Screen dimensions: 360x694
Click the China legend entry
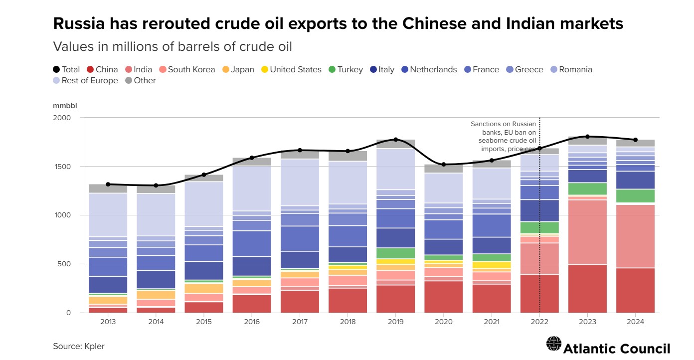102,69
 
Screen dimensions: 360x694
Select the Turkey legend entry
345,69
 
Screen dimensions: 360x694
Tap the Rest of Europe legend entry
85,80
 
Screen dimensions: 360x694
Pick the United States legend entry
291,69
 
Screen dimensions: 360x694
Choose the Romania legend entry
571,69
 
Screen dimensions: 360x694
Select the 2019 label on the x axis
395,322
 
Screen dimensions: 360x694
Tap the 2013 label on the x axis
108,322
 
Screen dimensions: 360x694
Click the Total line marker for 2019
395,140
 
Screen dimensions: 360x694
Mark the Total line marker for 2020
443,164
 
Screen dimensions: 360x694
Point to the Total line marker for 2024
635,140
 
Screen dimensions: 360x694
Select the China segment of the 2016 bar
252,304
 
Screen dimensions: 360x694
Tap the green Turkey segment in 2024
635,196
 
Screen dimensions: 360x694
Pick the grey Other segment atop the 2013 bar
108,188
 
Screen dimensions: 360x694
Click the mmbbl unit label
65,105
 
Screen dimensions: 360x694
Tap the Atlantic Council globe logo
553,344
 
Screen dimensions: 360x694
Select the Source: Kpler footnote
79,346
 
